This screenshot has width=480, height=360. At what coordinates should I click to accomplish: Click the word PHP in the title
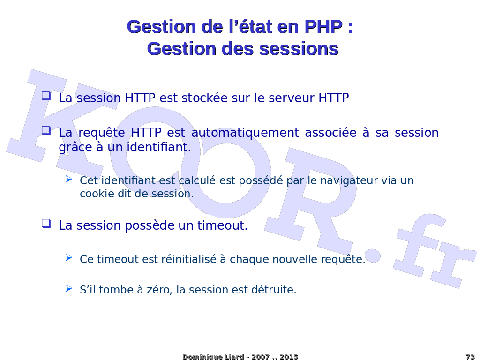pyautogui.click(x=323, y=27)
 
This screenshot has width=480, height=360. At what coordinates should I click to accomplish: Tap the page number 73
pyautogui.click(x=470, y=357)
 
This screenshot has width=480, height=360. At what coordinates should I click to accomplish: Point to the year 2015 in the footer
pyautogui.click(x=289, y=357)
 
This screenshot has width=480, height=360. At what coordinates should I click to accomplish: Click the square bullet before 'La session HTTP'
pyautogui.click(x=46, y=96)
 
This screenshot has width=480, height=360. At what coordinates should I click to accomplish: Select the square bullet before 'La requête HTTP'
pyautogui.click(x=46, y=130)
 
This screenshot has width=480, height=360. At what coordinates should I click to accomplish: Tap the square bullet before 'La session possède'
pyautogui.click(x=46, y=223)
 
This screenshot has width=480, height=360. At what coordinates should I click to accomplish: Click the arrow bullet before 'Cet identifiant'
pyautogui.click(x=69, y=179)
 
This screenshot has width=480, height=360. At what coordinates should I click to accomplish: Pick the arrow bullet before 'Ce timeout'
pyautogui.click(x=69, y=258)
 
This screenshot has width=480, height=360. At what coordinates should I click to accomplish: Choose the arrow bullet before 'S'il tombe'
pyautogui.click(x=69, y=288)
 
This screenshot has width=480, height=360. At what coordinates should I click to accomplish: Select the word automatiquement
pyautogui.click(x=245, y=133)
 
